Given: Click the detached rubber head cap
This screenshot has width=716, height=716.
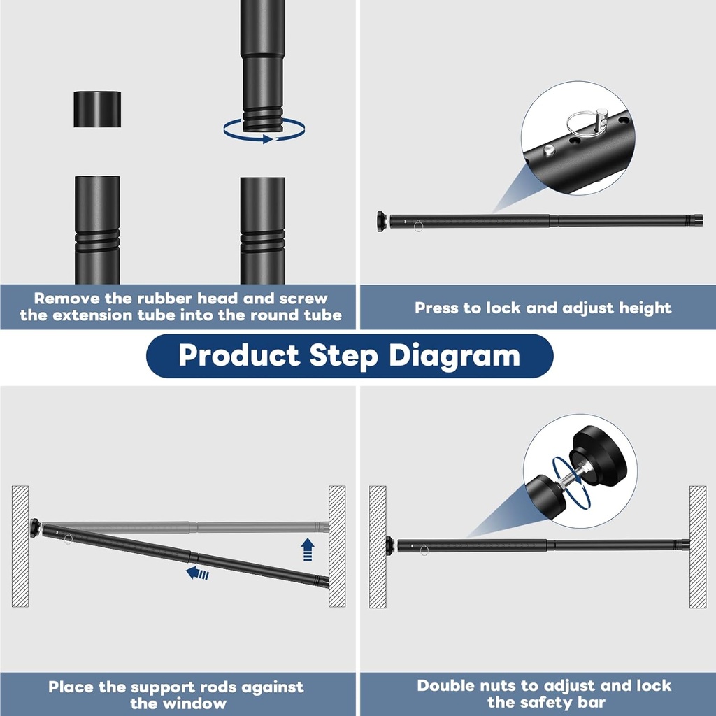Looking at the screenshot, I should (97, 109).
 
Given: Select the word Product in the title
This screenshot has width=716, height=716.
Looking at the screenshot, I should (238, 355).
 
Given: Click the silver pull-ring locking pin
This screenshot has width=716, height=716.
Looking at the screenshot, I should (586, 121).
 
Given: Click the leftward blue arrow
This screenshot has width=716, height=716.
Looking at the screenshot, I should (198, 573).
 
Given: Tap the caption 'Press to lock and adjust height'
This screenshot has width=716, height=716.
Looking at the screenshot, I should (543, 308).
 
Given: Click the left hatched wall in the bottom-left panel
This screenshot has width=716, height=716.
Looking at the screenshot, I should (20, 545).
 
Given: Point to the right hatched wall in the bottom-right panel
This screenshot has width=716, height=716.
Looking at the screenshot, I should (697, 545).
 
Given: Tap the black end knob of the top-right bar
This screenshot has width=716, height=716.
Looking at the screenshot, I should (382, 221).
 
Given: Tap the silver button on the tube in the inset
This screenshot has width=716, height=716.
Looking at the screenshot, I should (550, 150).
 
